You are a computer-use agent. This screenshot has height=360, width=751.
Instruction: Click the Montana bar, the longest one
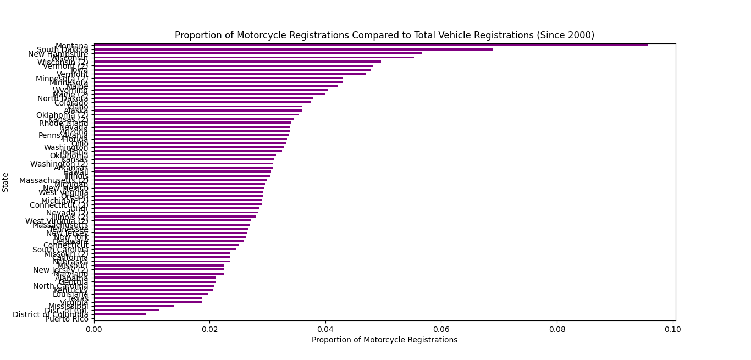click(371, 45)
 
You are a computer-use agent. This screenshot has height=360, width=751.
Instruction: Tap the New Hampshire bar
click(258, 53)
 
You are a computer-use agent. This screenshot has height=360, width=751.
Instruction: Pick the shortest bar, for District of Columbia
click(120, 314)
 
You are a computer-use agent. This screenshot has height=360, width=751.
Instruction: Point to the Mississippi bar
click(134, 306)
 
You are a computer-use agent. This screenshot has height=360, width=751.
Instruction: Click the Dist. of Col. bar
click(126, 310)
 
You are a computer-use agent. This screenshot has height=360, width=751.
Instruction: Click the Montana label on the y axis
click(71, 46)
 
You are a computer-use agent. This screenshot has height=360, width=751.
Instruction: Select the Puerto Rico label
click(67, 319)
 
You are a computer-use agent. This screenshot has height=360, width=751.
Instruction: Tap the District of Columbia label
click(50, 314)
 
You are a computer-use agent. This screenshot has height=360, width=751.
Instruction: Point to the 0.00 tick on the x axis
click(94, 329)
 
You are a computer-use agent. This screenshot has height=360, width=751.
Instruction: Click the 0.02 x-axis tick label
click(209, 329)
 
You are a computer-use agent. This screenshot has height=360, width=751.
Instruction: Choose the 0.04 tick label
click(325, 329)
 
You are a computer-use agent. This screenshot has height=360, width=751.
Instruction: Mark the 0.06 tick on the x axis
click(441, 329)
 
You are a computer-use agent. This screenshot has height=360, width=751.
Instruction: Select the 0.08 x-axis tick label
click(557, 329)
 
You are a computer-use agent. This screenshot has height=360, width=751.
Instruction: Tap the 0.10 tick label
click(673, 329)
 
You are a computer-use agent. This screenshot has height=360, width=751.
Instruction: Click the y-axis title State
click(5, 182)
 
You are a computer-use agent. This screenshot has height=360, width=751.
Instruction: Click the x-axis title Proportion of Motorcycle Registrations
click(384, 340)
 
